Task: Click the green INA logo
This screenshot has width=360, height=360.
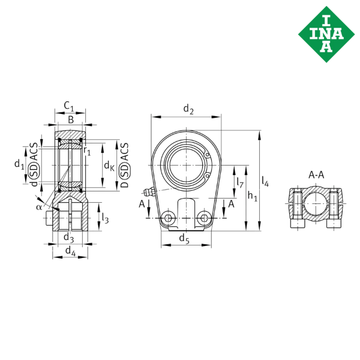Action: tap(325, 31)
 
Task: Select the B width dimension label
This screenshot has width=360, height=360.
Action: tap(71, 121)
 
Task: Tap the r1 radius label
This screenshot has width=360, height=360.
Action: tap(88, 152)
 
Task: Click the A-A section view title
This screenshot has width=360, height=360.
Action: tap(316, 175)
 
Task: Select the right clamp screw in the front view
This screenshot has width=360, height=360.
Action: tap(206, 217)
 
